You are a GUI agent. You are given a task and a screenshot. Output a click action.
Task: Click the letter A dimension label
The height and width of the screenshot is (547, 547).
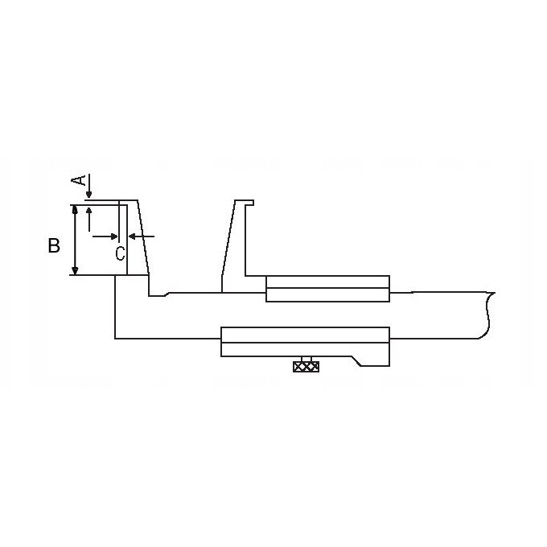click(x=79, y=180)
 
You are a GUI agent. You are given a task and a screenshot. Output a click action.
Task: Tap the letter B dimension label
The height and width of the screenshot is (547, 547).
click(x=54, y=245)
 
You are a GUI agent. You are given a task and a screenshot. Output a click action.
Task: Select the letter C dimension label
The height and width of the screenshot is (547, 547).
click(x=120, y=253)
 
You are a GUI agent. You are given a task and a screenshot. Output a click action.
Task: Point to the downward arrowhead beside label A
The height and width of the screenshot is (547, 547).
click(x=89, y=195)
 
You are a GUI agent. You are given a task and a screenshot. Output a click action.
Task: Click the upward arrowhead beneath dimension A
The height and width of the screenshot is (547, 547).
click(x=89, y=211)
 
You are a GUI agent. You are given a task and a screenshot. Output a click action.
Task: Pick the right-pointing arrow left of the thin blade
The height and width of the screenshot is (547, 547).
click(x=105, y=236)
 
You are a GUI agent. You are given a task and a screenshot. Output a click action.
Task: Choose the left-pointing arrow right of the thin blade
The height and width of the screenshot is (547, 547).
click(x=142, y=236)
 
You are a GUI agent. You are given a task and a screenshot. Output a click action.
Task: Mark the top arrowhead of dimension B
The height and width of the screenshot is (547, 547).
click(x=75, y=209)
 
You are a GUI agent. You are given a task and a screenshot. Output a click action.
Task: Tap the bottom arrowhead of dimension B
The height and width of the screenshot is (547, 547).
click(x=75, y=270)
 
